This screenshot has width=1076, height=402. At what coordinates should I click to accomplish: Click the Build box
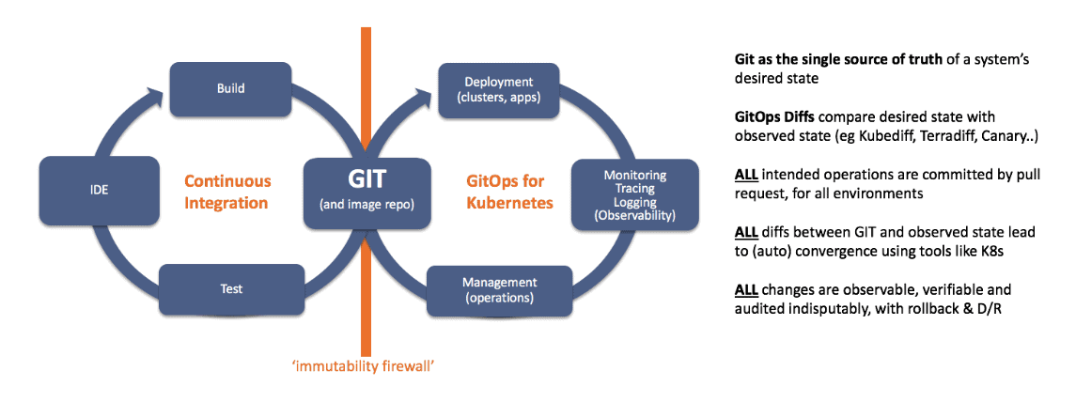[230, 88]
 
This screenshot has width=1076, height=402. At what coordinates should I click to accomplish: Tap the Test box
[231, 289]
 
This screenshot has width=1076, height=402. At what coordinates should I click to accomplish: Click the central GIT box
[366, 189]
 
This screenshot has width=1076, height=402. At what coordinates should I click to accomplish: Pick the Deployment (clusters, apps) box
[498, 88]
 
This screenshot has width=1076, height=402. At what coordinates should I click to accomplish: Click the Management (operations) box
[499, 289]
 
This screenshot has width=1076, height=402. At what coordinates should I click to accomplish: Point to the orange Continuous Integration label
[226, 191]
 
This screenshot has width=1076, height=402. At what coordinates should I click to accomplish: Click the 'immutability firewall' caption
[365, 365]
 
